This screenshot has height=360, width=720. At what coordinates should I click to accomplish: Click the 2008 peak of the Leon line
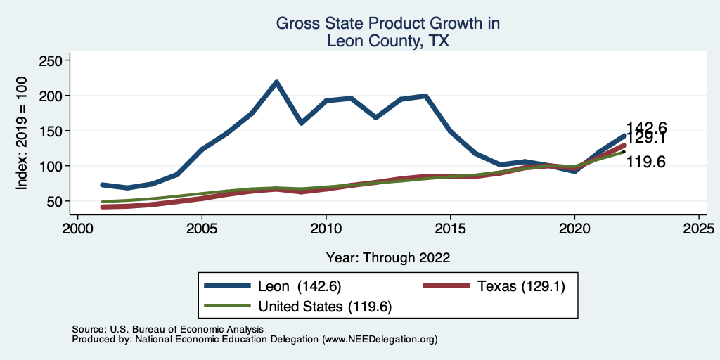[276, 82]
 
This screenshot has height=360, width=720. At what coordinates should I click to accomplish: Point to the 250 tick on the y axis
[51, 61]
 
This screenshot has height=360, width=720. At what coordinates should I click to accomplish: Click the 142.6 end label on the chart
[646, 128]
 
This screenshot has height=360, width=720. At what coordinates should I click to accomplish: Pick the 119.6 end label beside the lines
[645, 162]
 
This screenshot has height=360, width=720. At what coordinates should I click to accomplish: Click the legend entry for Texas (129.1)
[520, 285]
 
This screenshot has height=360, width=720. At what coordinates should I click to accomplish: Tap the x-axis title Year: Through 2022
[388, 257]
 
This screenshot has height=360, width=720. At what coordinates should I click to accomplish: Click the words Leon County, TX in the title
[388, 41]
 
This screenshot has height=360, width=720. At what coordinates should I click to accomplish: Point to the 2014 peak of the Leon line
[425, 96]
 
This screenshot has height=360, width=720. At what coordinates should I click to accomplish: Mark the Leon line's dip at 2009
[301, 123]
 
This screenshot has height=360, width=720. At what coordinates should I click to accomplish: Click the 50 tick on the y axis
[54, 201]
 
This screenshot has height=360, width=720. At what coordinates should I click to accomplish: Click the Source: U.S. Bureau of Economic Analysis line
[167, 329]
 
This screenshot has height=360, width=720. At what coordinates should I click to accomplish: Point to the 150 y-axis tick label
[51, 131]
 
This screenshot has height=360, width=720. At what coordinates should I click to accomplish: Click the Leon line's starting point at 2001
[103, 185]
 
